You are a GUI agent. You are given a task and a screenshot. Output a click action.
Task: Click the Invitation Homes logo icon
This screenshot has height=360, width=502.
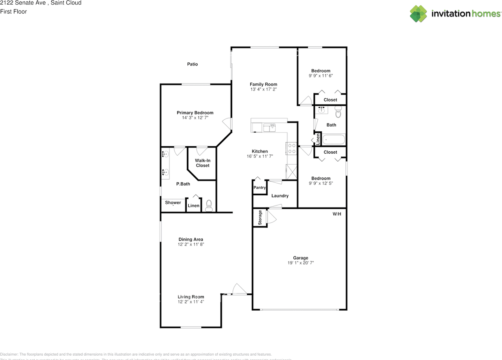pos(418,14)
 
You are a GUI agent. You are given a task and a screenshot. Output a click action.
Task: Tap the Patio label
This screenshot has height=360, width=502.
pos(192,64)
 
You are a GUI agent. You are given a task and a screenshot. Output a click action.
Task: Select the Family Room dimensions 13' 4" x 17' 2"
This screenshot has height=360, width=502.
pos(264,89)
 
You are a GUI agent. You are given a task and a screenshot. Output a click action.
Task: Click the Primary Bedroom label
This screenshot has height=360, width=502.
pos(195,113)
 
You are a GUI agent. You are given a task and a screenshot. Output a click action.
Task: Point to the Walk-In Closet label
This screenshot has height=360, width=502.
pos(202,163)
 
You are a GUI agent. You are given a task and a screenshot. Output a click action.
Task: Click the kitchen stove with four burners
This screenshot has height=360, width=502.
pos(292,148)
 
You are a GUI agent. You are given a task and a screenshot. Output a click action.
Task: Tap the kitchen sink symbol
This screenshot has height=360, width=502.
pos(269,127)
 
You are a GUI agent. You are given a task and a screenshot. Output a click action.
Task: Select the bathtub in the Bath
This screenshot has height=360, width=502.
pos(333,140)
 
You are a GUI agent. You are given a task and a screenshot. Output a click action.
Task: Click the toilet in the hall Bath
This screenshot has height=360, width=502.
pos(339,113)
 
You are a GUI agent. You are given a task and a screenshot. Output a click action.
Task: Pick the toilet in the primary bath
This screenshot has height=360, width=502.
pos(209,205)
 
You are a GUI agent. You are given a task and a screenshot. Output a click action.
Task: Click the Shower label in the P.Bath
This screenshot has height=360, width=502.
pos(173,203)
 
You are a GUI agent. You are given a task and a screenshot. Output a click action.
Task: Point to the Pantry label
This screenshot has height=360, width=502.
pos(260,188)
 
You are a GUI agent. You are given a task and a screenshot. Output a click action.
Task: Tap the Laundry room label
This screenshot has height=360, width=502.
pos(280,196)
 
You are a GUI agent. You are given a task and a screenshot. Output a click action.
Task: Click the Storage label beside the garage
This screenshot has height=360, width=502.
pos(260,218)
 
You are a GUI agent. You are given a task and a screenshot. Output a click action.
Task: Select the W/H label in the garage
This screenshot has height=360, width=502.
pos(337,214)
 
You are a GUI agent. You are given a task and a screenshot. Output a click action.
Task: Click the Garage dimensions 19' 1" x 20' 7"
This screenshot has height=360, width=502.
pos(301,263)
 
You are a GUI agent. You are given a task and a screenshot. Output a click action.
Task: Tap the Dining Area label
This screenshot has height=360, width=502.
pos(191,239)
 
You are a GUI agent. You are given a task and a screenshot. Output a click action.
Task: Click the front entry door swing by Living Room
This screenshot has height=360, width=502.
pos(238,289)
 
